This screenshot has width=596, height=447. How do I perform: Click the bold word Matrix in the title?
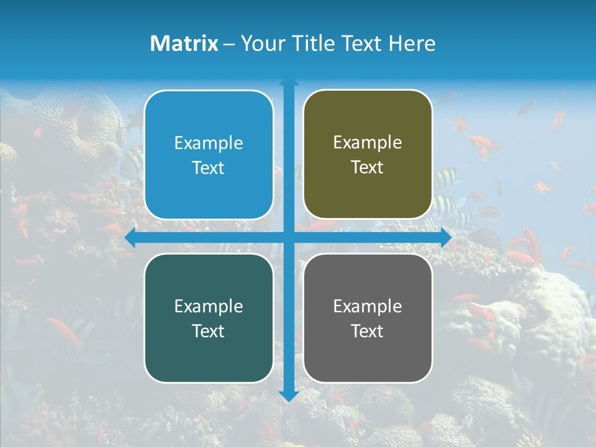pos(184,43)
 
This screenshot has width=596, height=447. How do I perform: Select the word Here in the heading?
pos(412,43)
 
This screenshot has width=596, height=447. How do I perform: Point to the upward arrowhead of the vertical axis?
pos(289,83)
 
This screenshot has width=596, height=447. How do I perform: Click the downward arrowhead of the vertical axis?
pos(289,396)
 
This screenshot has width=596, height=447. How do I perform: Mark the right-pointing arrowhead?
pos(446,238)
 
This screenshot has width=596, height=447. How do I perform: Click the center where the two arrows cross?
pos(289,238)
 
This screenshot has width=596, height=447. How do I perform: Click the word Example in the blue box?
pos(209,143)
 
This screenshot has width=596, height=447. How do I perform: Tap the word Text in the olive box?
pos(368,168)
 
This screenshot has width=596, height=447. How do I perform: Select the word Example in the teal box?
pos(209,306)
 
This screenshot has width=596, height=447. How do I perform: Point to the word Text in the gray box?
pos(368,331)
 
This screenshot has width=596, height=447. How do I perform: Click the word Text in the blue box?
pos(209,168)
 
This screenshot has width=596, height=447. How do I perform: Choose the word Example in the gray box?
pos(368,306)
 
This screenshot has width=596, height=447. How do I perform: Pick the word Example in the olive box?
pos(368,143)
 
